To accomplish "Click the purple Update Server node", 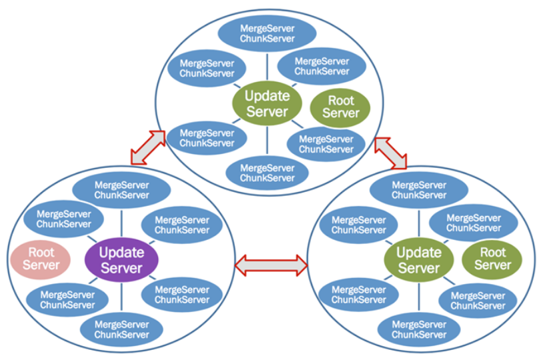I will coord(121,260).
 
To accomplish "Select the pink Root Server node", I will coord(41,259).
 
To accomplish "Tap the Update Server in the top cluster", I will coord(266,103).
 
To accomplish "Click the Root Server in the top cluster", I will coord(340,107).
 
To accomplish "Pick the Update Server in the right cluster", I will coord(419,260).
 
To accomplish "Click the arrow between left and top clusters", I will coord(147,147).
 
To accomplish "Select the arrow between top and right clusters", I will coord(390,153).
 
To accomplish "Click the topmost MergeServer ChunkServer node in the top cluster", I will coord(267,30).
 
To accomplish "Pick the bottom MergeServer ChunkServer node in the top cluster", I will coord(267,173).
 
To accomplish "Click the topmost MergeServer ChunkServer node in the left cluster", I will coord(121,190).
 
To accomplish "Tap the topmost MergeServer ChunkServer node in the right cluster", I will coord(419,190).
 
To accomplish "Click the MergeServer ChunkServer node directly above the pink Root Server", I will coord(64,219).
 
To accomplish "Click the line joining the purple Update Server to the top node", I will coord(121,224).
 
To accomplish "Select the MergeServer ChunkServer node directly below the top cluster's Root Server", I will coord(326,144).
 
